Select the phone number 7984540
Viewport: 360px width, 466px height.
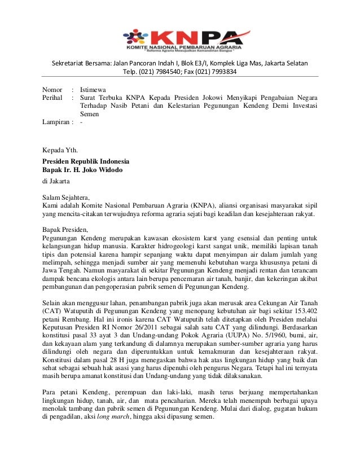(169, 72)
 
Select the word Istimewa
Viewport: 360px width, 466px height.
(94, 89)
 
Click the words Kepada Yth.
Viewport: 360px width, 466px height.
(61, 150)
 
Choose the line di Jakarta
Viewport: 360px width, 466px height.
(56, 182)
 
